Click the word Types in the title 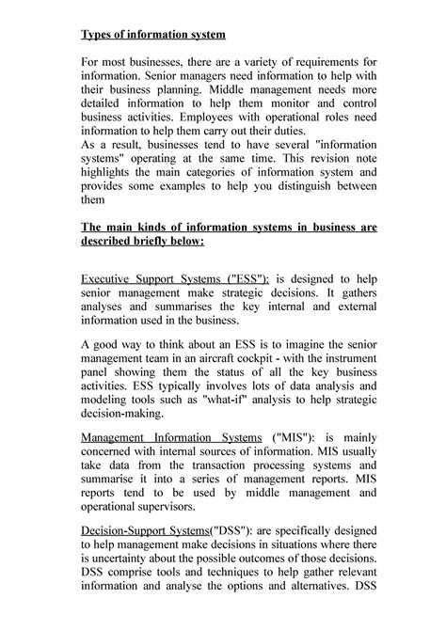[x=100, y=35]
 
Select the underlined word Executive [x=109, y=279]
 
